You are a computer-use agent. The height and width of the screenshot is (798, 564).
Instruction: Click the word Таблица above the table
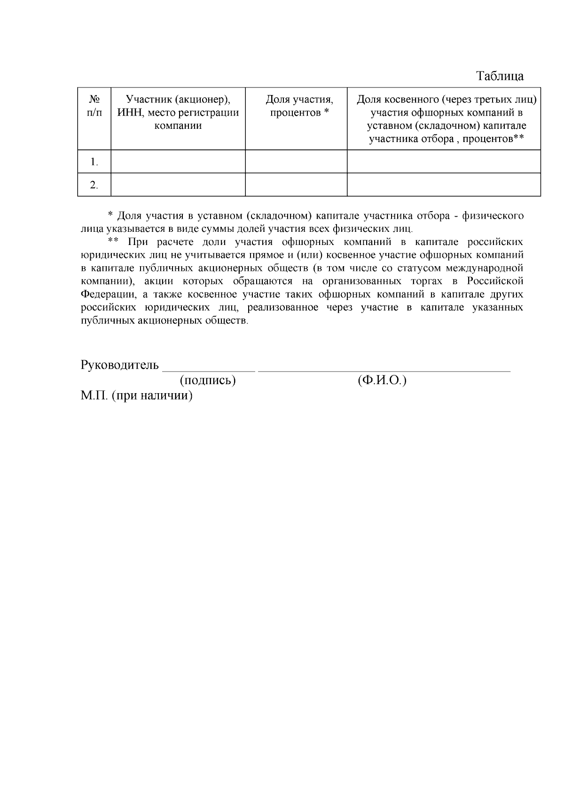tap(500, 76)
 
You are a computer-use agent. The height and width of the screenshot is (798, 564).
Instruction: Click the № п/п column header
tap(94, 106)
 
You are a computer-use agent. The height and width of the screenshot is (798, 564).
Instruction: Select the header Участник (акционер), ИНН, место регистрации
tap(178, 113)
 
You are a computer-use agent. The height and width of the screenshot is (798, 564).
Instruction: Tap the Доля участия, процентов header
tap(299, 106)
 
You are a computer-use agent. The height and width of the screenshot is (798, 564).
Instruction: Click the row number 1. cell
tap(94, 162)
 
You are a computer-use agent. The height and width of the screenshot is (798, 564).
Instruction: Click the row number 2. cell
tap(94, 185)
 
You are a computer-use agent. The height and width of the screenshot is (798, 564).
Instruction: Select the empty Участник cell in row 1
tap(178, 162)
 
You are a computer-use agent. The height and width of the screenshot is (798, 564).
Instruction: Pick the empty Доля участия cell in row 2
tap(296, 185)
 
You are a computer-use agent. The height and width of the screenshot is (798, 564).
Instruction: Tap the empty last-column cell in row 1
tap(444, 162)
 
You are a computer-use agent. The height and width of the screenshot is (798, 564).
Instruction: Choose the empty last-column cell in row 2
tap(444, 185)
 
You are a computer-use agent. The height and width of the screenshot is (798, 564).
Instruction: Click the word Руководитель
tap(120, 365)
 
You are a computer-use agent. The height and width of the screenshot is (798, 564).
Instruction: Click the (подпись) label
tap(207, 380)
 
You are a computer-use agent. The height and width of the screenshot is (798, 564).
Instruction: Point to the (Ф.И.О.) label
tap(382, 380)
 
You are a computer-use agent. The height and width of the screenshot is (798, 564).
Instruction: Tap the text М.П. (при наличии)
tap(137, 395)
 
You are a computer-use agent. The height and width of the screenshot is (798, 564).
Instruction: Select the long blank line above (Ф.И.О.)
tap(384, 370)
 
